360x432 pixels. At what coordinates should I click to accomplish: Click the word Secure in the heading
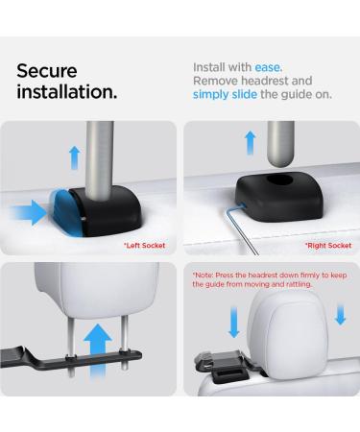tap(47, 71)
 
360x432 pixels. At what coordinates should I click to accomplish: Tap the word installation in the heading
tap(66, 92)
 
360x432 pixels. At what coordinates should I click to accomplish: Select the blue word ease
tap(268, 67)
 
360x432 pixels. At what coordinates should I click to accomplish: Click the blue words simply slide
tap(225, 94)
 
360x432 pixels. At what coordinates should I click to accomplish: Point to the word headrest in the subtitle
tap(265, 81)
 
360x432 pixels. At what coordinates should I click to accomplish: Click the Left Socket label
tap(145, 246)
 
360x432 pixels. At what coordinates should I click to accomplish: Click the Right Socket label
tap(328, 246)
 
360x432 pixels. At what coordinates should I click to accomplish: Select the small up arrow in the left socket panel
tap(75, 157)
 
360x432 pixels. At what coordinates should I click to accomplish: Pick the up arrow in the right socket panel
tap(251, 143)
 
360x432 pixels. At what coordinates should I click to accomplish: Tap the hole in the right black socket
tap(280, 180)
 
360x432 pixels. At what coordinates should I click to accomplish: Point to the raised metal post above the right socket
tap(280, 144)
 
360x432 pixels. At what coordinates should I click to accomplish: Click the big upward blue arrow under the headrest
tap(98, 350)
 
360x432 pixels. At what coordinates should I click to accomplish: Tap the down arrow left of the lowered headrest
tap(234, 322)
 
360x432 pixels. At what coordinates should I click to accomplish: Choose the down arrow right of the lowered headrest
tap(340, 315)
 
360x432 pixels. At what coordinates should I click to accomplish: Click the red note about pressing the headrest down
tap(270, 279)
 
